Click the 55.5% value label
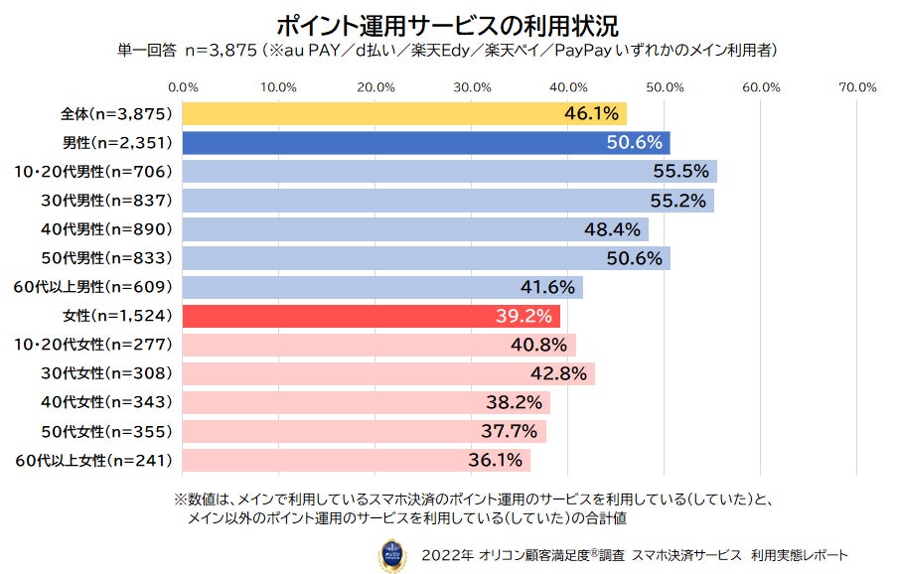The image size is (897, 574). point(680,172)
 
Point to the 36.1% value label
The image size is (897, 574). point(495,461)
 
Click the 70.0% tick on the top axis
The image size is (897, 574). point(856,87)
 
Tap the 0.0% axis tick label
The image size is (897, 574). point(184,87)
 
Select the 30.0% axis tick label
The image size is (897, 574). point(472,87)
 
